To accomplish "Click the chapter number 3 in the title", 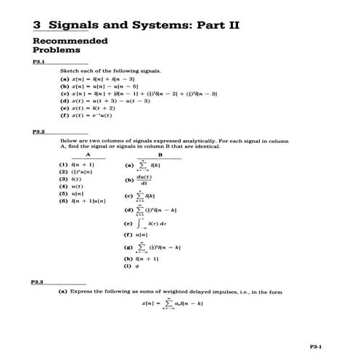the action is click(37, 25).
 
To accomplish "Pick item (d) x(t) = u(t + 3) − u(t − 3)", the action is click(105, 101).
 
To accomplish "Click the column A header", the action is click(87, 154).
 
